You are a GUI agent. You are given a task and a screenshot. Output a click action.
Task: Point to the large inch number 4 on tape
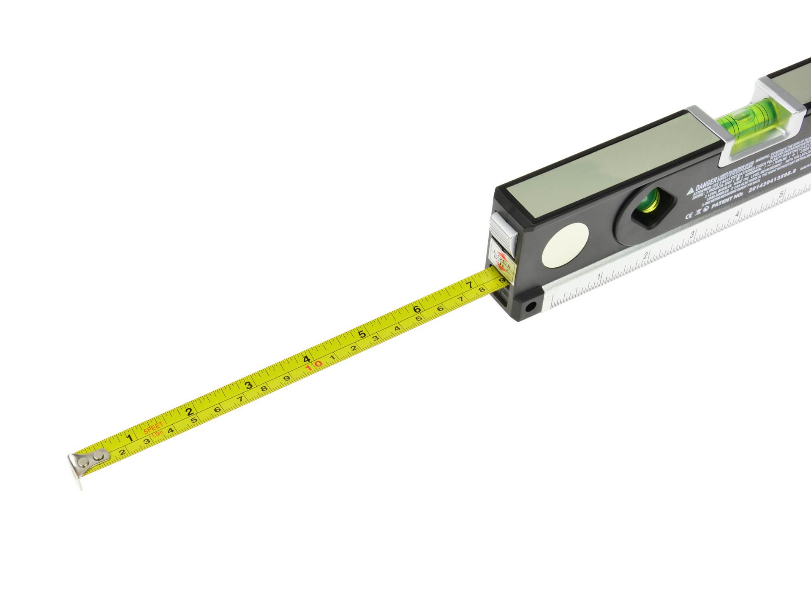click(307, 359)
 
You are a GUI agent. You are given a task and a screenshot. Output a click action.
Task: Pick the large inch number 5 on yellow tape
click(362, 334)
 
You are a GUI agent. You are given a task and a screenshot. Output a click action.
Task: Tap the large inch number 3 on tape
click(249, 385)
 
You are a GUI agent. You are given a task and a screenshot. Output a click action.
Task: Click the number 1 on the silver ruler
click(599, 276)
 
